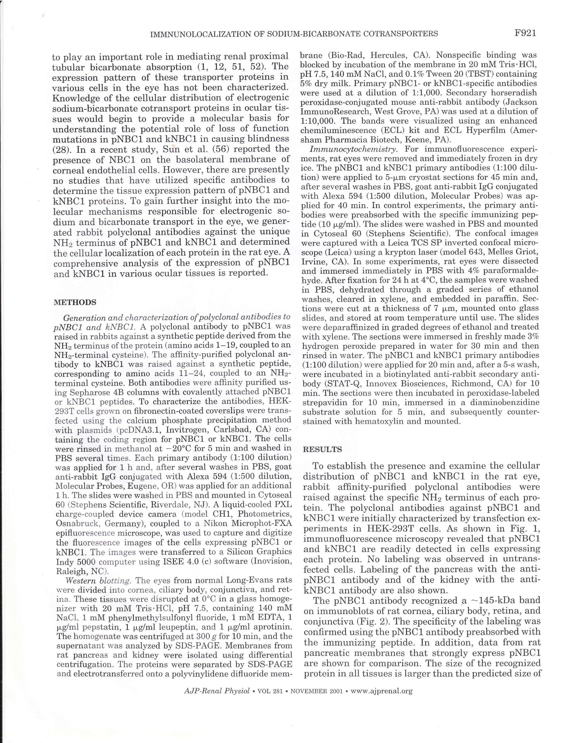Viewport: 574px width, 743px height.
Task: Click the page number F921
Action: (525, 33)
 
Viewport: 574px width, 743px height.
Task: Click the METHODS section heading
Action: (75, 302)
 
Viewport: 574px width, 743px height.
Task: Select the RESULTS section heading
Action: (322, 449)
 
